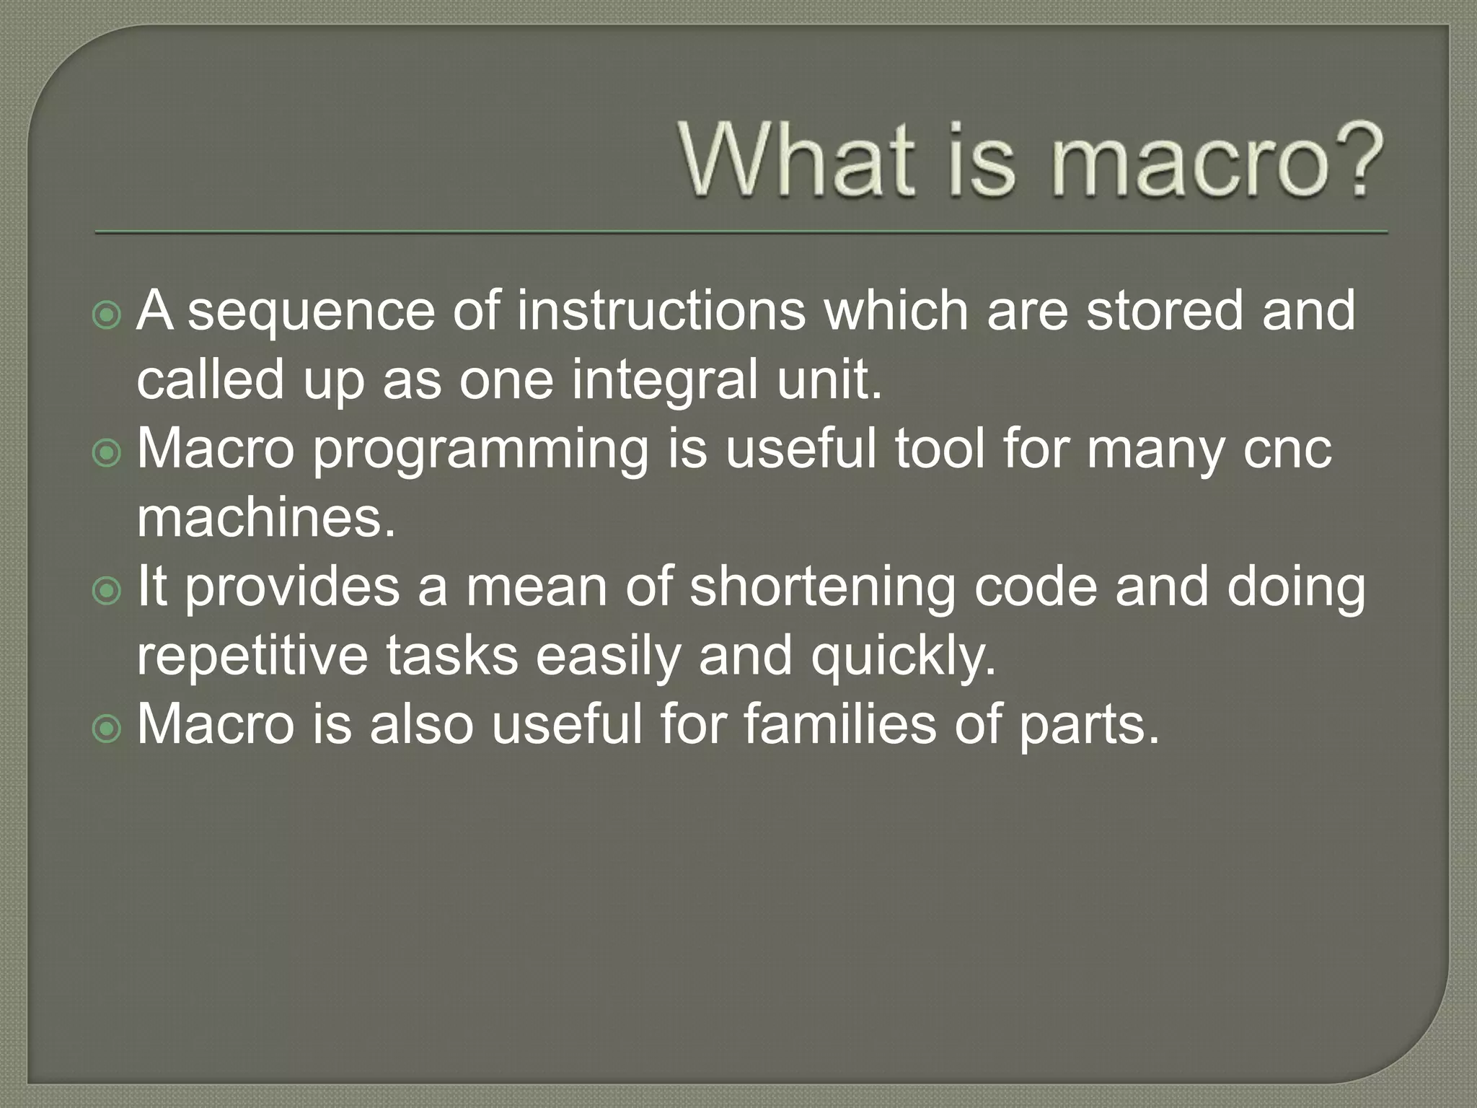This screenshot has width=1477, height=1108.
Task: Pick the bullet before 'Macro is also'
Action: click(x=107, y=729)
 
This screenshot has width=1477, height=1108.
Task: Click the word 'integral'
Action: click(x=663, y=381)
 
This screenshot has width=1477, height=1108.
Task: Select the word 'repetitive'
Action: click(x=252, y=656)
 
